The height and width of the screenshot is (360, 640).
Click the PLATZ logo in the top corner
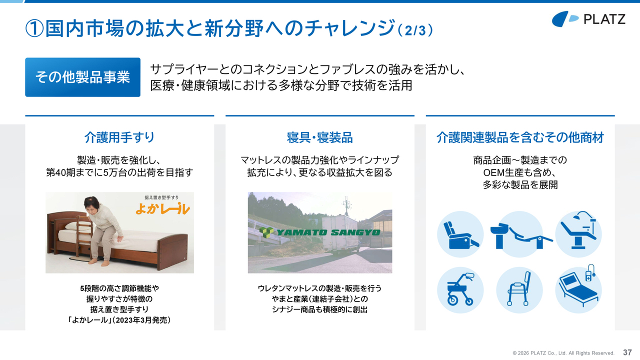588,19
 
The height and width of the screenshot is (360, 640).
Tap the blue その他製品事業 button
82,77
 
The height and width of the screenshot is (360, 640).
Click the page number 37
627,352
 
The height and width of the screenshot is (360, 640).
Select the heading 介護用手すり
119,137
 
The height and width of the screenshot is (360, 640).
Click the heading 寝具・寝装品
319,137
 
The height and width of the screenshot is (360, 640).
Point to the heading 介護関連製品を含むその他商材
520,137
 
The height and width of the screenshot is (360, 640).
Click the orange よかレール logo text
162,208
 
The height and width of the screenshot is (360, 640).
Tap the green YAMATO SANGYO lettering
319,232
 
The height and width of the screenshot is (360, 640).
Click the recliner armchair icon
460,234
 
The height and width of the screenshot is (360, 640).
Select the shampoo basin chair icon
519,234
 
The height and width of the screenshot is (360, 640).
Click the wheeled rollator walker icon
460,290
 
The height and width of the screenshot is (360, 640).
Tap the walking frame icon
519,290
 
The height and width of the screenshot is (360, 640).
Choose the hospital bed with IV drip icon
578,289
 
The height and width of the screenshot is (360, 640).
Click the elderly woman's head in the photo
91,205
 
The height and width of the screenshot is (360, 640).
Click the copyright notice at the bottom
563,353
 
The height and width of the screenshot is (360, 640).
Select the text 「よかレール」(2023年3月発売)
119,320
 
